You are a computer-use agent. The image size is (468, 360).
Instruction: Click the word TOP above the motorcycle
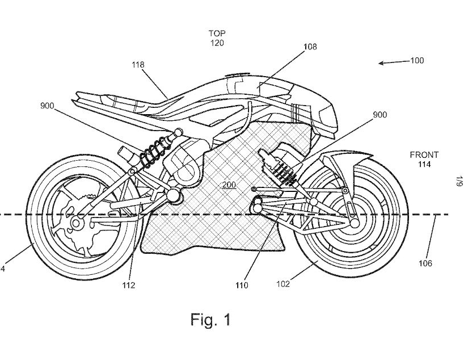(x=216, y=34)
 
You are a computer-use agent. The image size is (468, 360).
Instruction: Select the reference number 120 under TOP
(x=216, y=43)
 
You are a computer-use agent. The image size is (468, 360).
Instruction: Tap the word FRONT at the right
(x=424, y=155)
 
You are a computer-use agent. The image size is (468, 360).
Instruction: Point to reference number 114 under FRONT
(x=424, y=165)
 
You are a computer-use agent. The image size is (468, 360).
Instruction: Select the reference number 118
(x=138, y=65)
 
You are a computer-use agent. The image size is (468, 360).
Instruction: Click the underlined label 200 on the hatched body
(x=229, y=185)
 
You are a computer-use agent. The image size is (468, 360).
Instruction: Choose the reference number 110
(x=242, y=285)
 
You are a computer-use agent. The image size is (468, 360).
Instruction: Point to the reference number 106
(x=425, y=263)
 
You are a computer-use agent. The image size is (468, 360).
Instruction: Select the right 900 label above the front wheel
(x=380, y=115)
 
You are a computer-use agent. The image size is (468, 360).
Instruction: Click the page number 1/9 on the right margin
(x=457, y=182)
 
